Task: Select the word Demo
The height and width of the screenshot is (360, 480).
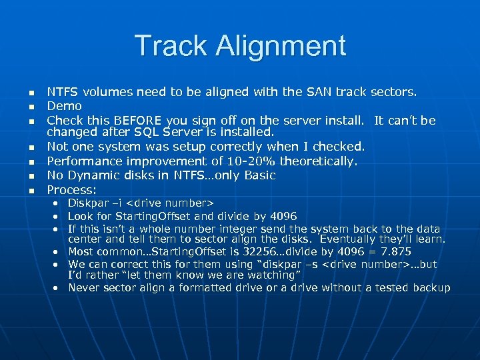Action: click(x=64, y=106)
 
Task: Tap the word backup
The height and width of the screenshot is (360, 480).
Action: click(x=431, y=287)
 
